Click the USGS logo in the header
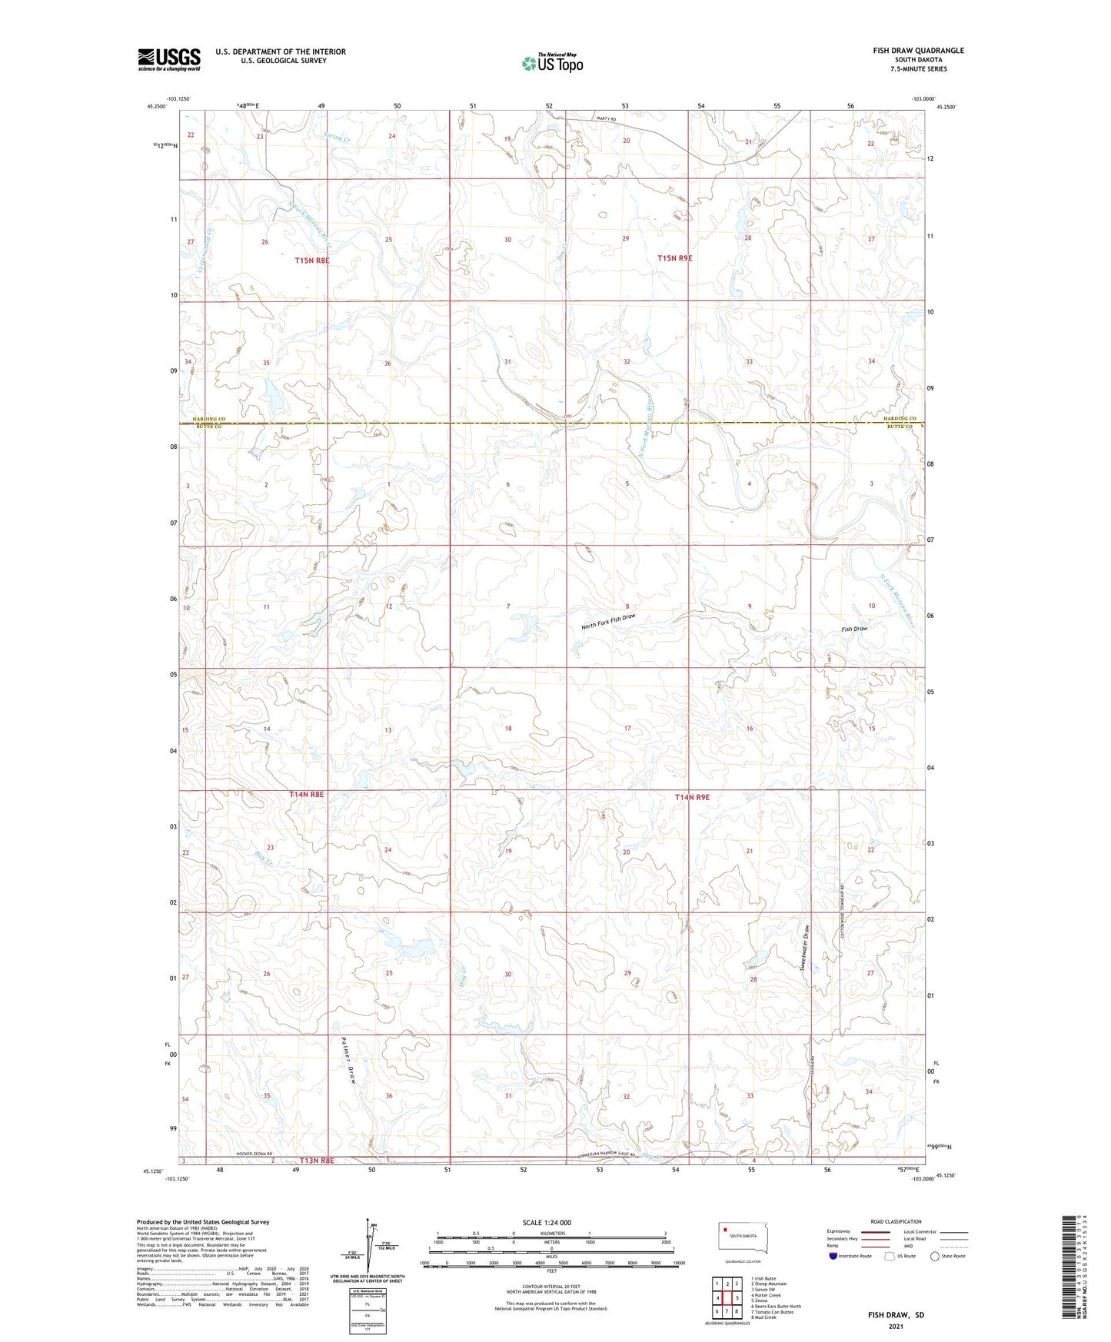(x=168, y=59)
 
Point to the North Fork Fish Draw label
(x=608, y=622)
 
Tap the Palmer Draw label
(x=347, y=1061)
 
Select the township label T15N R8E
(x=311, y=261)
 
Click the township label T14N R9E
(x=692, y=797)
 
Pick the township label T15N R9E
(x=674, y=258)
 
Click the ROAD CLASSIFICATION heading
(x=895, y=1221)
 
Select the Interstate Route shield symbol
(x=833, y=1256)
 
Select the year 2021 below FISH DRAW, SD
(x=896, y=1326)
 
